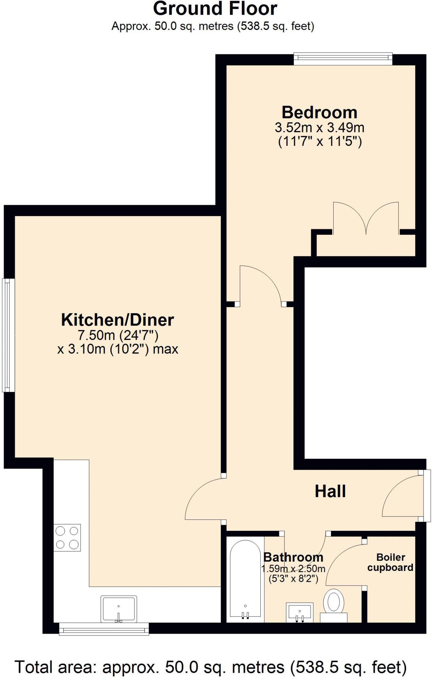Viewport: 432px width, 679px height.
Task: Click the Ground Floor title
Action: click(x=215, y=9)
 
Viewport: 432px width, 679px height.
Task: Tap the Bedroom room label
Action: click(x=319, y=112)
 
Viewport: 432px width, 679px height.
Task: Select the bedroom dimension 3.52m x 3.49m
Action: click(x=319, y=127)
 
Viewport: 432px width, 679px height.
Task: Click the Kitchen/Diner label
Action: click(x=118, y=320)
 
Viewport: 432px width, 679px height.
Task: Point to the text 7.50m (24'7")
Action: click(x=118, y=335)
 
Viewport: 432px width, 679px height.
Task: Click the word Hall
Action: click(x=330, y=491)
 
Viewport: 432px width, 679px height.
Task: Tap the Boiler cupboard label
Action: click(x=390, y=562)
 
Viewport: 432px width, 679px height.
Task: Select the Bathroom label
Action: click(x=293, y=557)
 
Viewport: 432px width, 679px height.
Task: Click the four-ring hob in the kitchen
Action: click(x=67, y=537)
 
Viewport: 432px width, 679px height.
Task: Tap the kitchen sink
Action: click(x=119, y=609)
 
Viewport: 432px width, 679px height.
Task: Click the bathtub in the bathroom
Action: click(x=245, y=580)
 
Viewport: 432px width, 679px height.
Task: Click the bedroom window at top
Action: click(x=343, y=58)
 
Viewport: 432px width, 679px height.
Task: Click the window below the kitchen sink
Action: click(x=104, y=629)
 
